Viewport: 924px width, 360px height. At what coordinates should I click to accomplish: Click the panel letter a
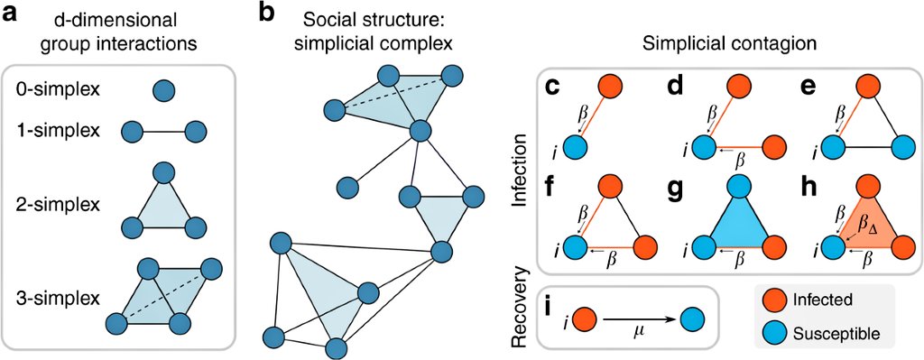point(13,14)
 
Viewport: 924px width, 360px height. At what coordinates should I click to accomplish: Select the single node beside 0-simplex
point(164,90)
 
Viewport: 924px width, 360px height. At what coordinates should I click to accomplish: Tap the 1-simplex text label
point(53,132)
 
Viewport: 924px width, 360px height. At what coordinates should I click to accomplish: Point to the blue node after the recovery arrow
point(693,318)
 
